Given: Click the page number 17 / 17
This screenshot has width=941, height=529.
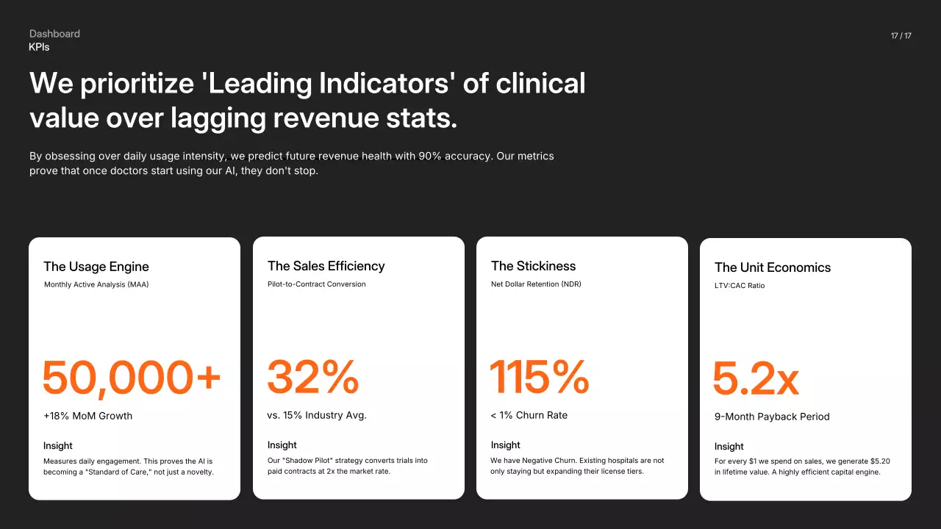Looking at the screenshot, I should pyautogui.click(x=901, y=36).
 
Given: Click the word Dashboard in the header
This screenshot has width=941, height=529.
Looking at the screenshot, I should pyautogui.click(x=54, y=34).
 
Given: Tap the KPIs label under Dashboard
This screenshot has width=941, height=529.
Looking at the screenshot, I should pyautogui.click(x=39, y=47).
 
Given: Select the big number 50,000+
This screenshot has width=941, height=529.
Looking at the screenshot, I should pyautogui.click(x=132, y=377).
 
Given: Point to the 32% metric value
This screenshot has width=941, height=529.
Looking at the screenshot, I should pyautogui.click(x=313, y=376).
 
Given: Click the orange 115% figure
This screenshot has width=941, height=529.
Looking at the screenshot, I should pyautogui.click(x=540, y=376).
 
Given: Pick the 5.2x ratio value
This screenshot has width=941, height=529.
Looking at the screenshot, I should pyautogui.click(x=756, y=378).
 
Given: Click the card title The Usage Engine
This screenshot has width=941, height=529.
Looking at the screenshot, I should pyautogui.click(x=96, y=267).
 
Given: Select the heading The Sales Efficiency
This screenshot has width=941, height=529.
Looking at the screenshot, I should pyautogui.click(x=326, y=266).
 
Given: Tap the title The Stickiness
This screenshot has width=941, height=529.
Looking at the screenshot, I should pyautogui.click(x=534, y=266).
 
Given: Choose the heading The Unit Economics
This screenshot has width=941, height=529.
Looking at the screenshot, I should pyautogui.click(x=773, y=267).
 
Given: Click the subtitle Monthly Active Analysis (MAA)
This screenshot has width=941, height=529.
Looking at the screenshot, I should pyautogui.click(x=96, y=284).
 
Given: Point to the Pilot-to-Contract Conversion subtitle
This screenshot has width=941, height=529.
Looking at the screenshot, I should pyautogui.click(x=317, y=284).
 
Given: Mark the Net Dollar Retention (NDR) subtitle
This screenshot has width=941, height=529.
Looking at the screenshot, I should pyautogui.click(x=536, y=284).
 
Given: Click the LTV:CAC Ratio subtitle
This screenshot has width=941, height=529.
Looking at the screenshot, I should pyautogui.click(x=740, y=286).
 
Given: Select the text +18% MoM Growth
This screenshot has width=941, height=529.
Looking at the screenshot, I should pyautogui.click(x=88, y=416).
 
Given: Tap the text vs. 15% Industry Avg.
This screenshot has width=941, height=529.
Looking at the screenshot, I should pyautogui.click(x=317, y=415).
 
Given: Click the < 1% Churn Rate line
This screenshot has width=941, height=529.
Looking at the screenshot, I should pyautogui.click(x=529, y=415).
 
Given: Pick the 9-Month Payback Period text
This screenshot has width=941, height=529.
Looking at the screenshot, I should pyautogui.click(x=772, y=417).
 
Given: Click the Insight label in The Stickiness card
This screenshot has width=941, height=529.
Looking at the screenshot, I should pyautogui.click(x=506, y=445).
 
